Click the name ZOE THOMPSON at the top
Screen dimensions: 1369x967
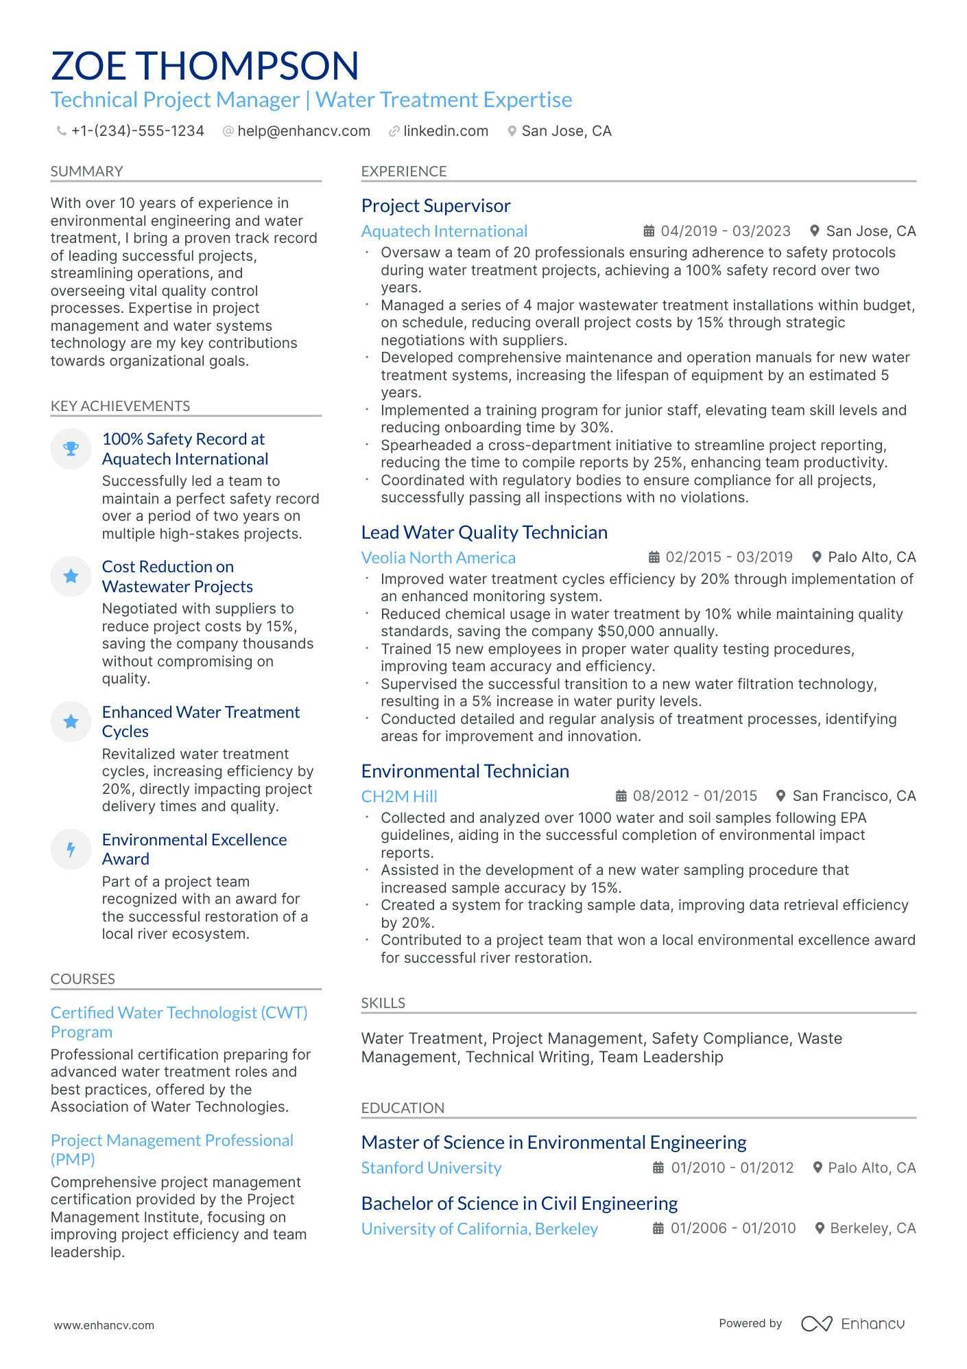click(x=204, y=66)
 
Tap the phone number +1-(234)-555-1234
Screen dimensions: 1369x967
click(x=137, y=131)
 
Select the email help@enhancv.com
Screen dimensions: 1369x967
click(x=303, y=131)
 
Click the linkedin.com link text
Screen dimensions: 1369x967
click(x=445, y=131)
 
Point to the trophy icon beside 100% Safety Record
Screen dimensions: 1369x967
click(x=71, y=449)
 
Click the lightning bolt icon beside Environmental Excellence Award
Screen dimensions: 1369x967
click(x=71, y=850)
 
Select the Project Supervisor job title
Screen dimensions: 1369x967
click(x=435, y=206)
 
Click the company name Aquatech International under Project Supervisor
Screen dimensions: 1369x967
click(x=444, y=231)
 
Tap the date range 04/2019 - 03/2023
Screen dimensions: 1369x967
click(x=725, y=231)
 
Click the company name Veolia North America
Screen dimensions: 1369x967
click(x=438, y=558)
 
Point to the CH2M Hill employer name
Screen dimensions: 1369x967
click(x=398, y=797)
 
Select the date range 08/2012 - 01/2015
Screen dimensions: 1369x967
click(x=694, y=796)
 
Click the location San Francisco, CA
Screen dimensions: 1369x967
click(x=853, y=796)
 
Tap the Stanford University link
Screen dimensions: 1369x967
click(x=431, y=1168)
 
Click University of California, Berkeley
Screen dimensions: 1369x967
click(x=479, y=1229)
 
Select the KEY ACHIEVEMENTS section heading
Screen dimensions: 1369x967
click(x=120, y=406)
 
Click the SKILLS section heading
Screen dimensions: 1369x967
click(x=383, y=1003)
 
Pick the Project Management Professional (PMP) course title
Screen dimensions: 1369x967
click(x=171, y=1149)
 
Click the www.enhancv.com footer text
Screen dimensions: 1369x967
click(x=104, y=1325)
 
